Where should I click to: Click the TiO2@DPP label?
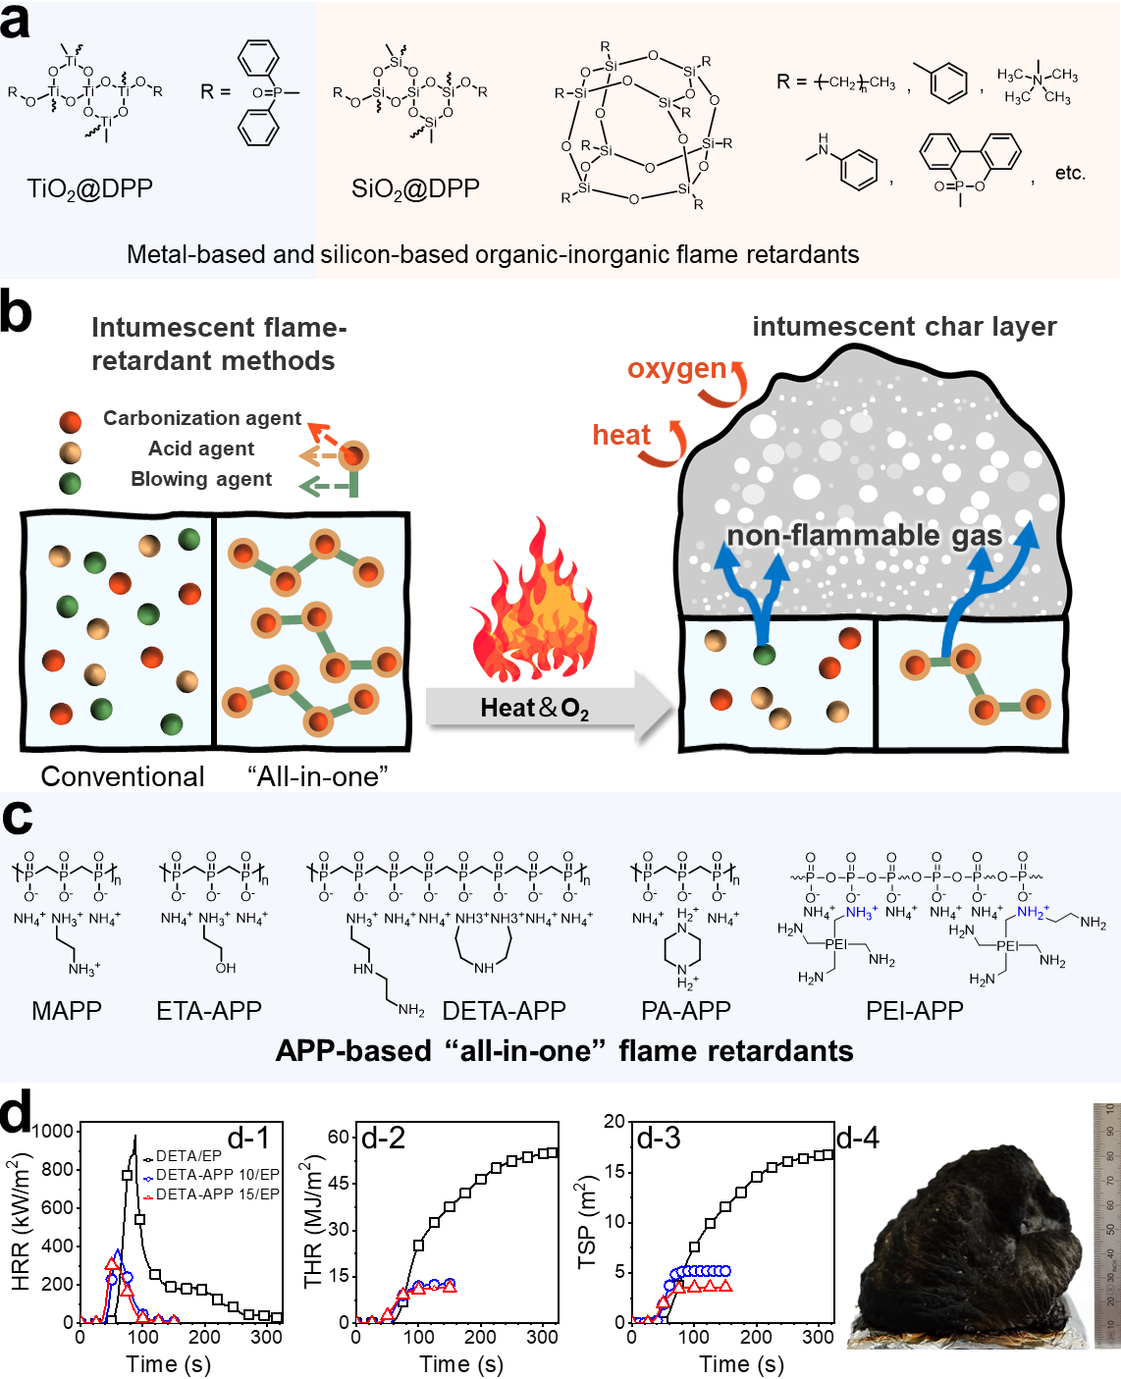point(89,188)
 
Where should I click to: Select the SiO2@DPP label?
point(415,188)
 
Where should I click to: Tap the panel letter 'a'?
point(15,22)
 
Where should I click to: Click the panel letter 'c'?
point(17,818)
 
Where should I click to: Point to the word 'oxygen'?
point(676,369)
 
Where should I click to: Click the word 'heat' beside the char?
point(620,434)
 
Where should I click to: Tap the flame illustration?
point(535,604)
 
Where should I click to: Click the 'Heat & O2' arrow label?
point(534,708)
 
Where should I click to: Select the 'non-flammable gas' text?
point(864,535)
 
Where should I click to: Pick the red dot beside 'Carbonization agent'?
point(70,422)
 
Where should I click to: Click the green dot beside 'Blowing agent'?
point(70,483)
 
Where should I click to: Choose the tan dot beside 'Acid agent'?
point(70,452)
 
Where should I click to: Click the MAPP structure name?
point(67,1011)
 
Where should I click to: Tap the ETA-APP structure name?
point(209,1011)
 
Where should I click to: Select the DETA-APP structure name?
point(505,1011)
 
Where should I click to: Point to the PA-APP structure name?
point(686,1011)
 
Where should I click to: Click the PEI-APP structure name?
point(915,1011)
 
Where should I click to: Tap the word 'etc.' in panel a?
point(1070,174)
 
